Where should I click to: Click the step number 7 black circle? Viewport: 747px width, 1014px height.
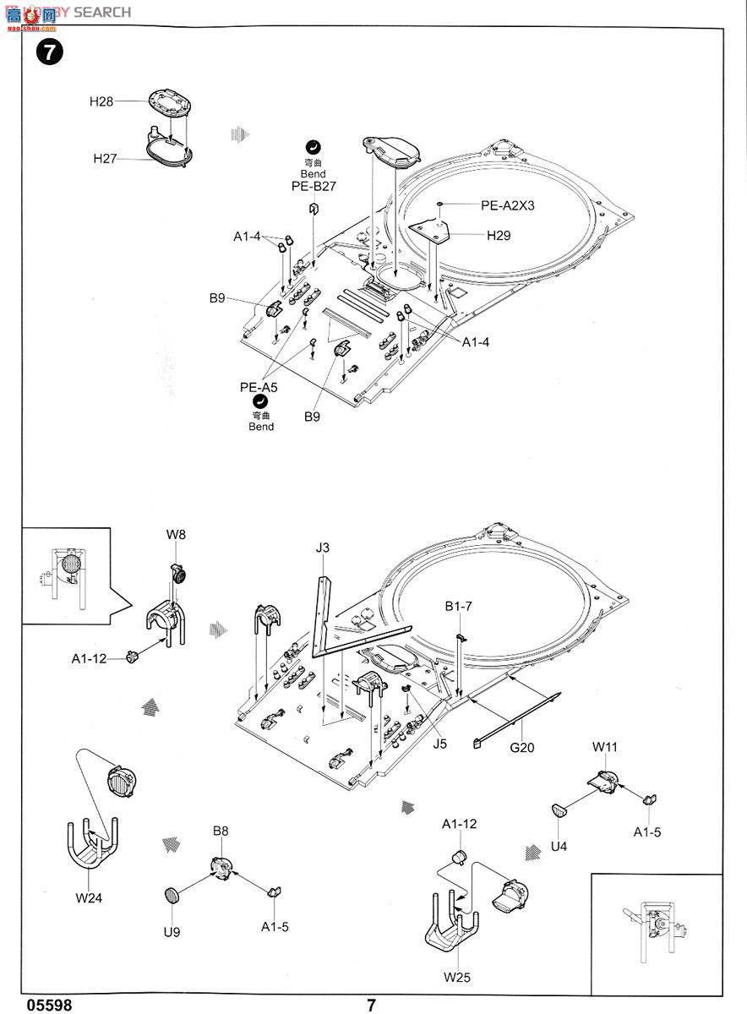pos(48,52)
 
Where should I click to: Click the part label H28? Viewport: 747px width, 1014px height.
pos(101,101)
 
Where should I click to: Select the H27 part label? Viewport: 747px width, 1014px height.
pos(105,158)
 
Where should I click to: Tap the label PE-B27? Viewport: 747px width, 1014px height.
pos(314,187)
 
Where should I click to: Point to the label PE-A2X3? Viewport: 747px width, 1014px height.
pos(509,205)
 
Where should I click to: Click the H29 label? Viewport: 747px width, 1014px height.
pos(498,237)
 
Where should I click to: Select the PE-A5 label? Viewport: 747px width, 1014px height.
pos(259,387)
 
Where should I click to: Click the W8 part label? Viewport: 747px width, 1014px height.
pos(175,534)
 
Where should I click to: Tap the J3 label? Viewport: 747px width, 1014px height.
pos(323,548)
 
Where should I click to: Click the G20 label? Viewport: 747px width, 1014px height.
pos(521,747)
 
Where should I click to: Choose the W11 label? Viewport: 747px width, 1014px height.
pos(605,747)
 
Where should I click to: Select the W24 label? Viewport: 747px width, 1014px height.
pos(88,897)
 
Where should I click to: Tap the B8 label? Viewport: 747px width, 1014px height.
pos(220,831)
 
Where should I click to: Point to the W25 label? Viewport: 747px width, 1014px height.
pos(456,978)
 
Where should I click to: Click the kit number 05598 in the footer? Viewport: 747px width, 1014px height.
pos(49,1006)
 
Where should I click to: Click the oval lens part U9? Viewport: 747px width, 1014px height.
pos(172,896)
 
